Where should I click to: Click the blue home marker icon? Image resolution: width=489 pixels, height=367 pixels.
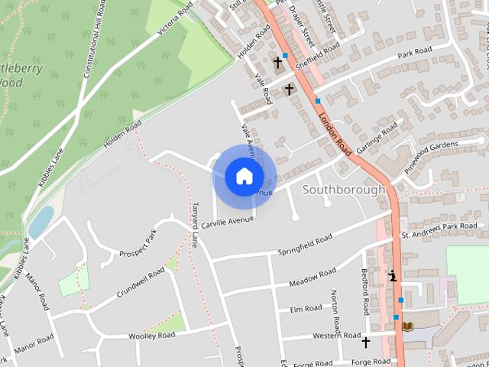(244, 176)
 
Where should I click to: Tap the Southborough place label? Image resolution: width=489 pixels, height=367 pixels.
(344, 189)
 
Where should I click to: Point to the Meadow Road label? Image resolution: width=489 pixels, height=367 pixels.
(313, 278)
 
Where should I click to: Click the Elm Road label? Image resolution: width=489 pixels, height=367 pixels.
(306, 309)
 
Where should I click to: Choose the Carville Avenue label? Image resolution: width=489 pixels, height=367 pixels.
(228, 221)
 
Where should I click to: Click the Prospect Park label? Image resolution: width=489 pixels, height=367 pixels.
(138, 243)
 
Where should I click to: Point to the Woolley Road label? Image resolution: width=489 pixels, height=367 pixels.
(152, 336)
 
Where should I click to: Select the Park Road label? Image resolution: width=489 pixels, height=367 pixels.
(414, 52)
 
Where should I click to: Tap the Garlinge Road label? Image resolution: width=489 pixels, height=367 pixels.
(377, 131)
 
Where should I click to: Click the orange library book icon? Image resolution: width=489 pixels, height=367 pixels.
(407, 326)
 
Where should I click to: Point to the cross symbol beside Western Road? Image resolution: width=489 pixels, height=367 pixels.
(365, 342)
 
